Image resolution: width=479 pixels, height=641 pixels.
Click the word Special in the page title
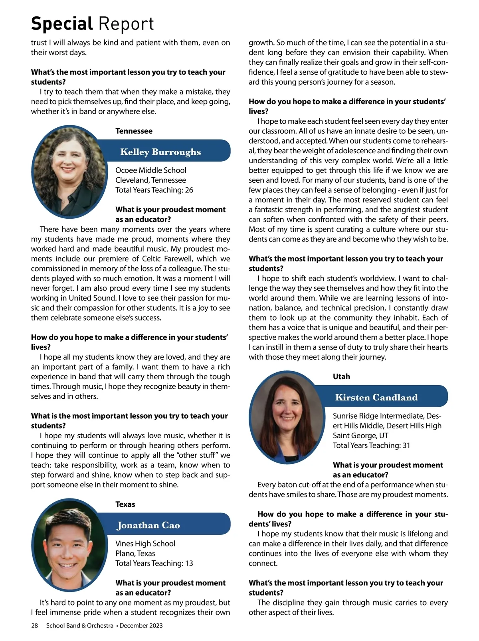pos(62,24)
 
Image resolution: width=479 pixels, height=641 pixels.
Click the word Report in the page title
pos(126,24)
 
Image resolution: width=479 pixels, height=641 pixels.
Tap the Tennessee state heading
pos(134,131)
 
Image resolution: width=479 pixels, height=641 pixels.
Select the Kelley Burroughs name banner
pos(160,152)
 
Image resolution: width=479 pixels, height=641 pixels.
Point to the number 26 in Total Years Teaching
pos(189,190)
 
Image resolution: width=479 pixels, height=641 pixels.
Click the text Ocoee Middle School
pos(151,170)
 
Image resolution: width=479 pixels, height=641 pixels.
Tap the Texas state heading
pos(125,504)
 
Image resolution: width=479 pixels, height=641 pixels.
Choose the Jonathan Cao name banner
pos(148,525)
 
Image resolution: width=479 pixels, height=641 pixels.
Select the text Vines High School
pos(145,544)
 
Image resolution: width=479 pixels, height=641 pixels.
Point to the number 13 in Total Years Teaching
pos(189,563)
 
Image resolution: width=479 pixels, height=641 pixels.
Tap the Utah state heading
pos(341,376)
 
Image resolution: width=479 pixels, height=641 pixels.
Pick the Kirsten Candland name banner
pos(376,397)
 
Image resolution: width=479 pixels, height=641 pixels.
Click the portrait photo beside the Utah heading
pos(286,417)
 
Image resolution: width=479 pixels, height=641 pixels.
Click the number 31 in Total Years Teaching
pos(406,445)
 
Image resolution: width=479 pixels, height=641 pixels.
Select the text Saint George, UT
pos(360,435)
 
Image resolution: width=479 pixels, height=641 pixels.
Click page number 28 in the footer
pos(35,625)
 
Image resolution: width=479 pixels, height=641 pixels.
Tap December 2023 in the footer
pos(141,625)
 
